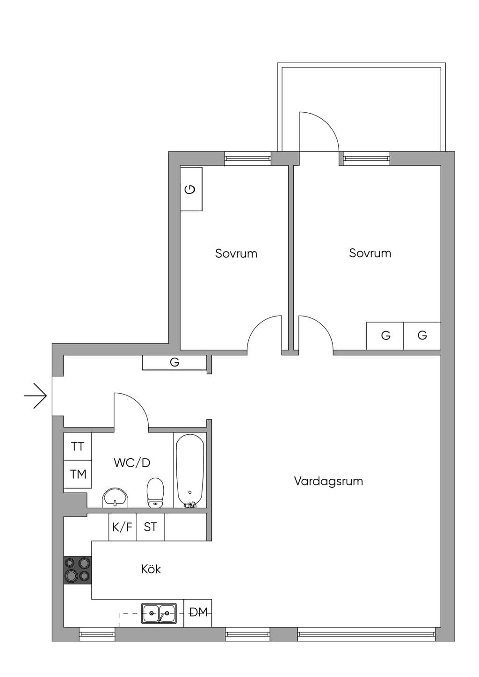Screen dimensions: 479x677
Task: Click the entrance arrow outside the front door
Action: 36,396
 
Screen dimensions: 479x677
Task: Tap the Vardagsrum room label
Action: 328,481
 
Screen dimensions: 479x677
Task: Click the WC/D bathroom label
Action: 132,462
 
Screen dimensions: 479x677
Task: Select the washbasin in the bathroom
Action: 115,497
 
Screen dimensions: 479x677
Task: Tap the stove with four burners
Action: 77,570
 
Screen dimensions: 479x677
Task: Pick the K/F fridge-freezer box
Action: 123,527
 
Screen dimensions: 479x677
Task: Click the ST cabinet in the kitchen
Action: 151,527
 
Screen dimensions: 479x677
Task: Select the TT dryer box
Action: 78,447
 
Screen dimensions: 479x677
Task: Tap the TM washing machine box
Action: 78,474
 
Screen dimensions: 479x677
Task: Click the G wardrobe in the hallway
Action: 174,362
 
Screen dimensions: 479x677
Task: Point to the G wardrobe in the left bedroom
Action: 191,189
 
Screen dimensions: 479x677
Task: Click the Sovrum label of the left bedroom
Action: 236,253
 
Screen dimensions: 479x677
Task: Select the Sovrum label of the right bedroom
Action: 370,253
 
